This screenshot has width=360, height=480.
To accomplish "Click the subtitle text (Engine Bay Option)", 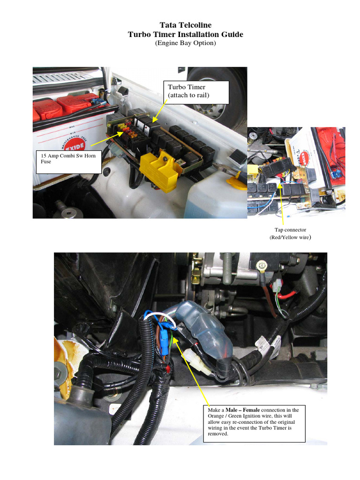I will (x=185, y=43).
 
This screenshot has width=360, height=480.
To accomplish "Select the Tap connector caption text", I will (x=290, y=230).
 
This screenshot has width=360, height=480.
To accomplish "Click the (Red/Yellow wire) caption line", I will (x=290, y=238).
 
